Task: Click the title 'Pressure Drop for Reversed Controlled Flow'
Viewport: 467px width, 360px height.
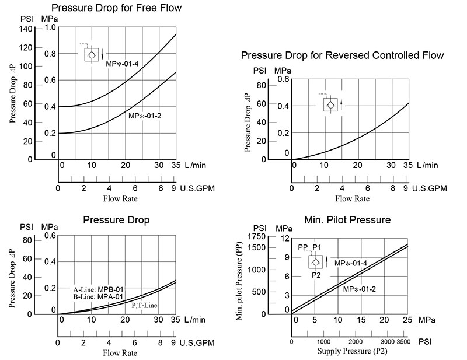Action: click(343, 55)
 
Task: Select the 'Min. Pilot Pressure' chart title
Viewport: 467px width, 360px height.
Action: click(347, 220)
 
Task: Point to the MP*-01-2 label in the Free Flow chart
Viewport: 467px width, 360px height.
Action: click(145, 116)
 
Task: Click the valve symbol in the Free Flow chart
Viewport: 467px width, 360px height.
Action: click(92, 55)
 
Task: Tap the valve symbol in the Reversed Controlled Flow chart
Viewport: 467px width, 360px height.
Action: click(330, 104)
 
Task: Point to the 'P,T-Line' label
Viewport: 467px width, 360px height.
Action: click(145, 305)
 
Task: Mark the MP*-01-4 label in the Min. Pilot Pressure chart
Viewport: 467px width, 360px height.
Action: click(350, 263)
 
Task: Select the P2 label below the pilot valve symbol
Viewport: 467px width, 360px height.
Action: click(316, 275)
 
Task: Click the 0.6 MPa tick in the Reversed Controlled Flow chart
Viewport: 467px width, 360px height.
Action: click(283, 78)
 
